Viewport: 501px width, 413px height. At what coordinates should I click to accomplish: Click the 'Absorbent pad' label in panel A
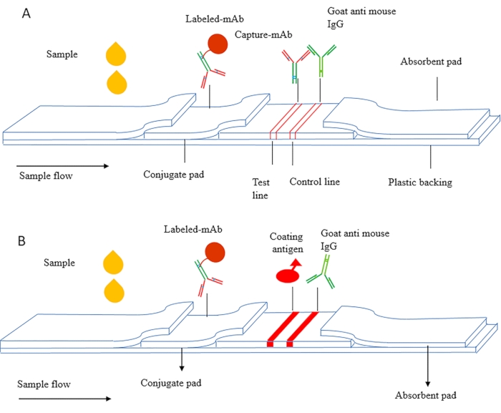click(x=432, y=62)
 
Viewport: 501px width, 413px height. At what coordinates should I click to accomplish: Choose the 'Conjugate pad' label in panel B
click(x=183, y=381)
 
